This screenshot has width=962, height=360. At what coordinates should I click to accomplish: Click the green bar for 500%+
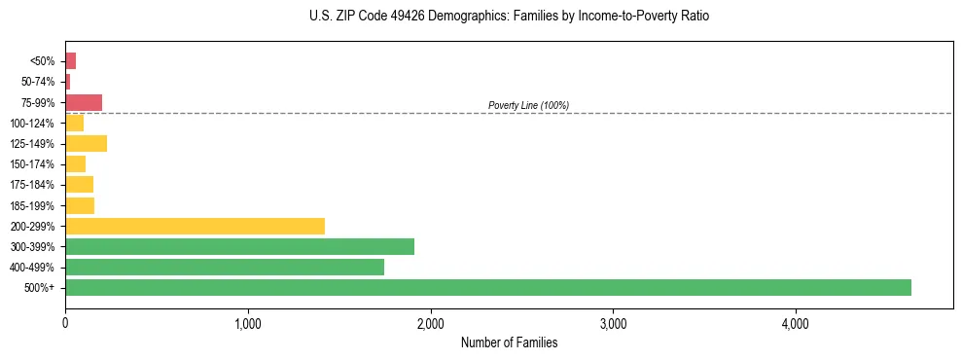click(487, 287)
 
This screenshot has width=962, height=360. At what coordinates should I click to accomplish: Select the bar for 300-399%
click(239, 246)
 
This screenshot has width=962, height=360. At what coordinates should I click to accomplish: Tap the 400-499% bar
click(225, 267)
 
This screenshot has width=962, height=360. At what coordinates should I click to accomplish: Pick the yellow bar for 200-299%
click(195, 226)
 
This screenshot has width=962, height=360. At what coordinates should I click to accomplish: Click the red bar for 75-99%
click(84, 102)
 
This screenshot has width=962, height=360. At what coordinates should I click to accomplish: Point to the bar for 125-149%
click(86, 143)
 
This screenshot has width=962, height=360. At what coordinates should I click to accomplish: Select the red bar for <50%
click(70, 61)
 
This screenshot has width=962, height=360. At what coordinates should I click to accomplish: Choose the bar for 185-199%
click(80, 205)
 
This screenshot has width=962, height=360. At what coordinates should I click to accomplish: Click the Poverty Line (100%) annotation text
click(528, 105)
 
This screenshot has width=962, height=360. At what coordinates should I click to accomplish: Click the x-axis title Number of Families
click(509, 342)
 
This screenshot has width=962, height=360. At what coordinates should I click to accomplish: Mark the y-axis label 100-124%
click(33, 123)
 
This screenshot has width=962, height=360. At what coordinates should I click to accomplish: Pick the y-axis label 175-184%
click(33, 185)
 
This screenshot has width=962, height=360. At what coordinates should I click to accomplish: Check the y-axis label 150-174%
click(33, 164)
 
